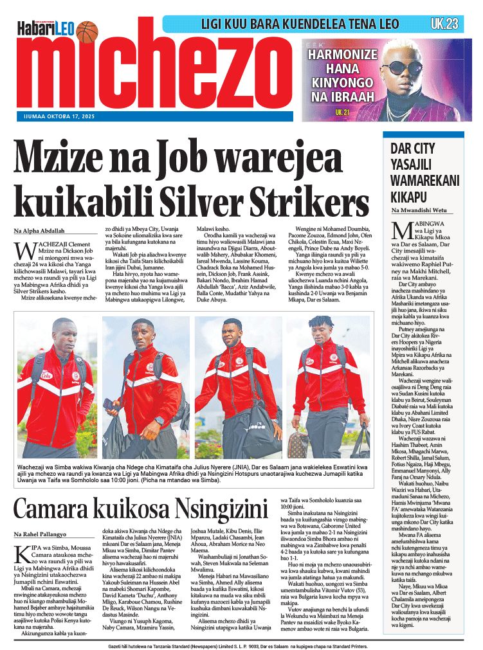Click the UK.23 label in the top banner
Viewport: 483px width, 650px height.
pos(444,24)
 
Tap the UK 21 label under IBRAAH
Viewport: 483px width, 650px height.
pos(342,112)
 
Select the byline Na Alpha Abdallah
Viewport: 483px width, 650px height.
pos(40,231)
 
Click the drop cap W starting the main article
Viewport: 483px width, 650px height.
pos(24,250)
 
